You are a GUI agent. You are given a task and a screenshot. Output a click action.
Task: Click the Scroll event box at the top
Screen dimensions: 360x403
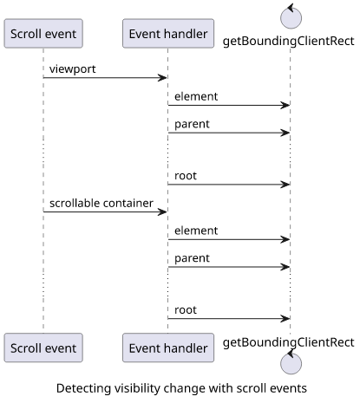pos(43,34)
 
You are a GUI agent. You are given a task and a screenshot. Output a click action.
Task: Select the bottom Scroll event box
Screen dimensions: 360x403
pos(43,348)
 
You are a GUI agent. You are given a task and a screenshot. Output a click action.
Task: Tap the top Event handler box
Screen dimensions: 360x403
pos(168,34)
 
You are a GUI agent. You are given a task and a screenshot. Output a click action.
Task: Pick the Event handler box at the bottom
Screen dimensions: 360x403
pos(168,348)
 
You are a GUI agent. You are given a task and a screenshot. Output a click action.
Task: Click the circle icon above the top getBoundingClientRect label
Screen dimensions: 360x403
pos(291,18)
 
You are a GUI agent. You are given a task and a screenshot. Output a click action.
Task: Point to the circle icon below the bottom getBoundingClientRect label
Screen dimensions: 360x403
pos(291,363)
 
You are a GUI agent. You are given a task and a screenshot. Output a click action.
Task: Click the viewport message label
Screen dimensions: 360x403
pos(73,69)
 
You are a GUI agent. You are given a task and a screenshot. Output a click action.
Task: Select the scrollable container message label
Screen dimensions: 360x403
pos(101,203)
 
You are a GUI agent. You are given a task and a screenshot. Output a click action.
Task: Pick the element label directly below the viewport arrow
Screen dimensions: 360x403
pos(196,96)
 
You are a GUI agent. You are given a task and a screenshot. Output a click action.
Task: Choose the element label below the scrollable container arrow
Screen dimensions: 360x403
pos(196,231)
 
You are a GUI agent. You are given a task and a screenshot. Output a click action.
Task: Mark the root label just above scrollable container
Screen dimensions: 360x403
pos(186,176)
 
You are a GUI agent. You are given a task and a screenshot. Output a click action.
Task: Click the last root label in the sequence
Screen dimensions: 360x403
pos(186,310)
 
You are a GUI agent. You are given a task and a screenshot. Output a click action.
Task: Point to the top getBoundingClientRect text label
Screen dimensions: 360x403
pos(289,42)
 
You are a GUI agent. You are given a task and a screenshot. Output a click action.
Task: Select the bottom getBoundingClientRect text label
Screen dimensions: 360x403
pos(289,343)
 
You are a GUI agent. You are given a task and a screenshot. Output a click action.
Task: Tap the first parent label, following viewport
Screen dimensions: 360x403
pos(192,124)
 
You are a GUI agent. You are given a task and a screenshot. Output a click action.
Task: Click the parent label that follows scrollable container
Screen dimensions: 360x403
pos(192,258)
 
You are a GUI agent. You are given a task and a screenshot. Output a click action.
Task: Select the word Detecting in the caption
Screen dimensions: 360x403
pos(83,388)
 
